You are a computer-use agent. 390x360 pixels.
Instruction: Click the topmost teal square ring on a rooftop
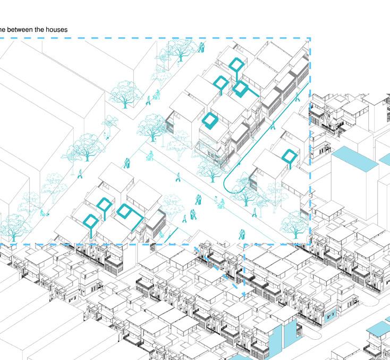[236, 64]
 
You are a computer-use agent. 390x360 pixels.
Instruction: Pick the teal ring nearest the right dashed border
[289, 156]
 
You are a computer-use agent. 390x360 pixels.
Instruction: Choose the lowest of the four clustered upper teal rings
[209, 121]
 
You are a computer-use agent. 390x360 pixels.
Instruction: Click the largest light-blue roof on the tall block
[354, 160]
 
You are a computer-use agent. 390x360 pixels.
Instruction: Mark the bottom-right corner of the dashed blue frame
[310, 244]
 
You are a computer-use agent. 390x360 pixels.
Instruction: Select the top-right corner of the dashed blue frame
[310, 38]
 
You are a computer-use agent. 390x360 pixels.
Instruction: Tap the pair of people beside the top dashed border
[201, 48]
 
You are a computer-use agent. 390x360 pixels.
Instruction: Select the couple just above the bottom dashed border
[242, 234]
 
